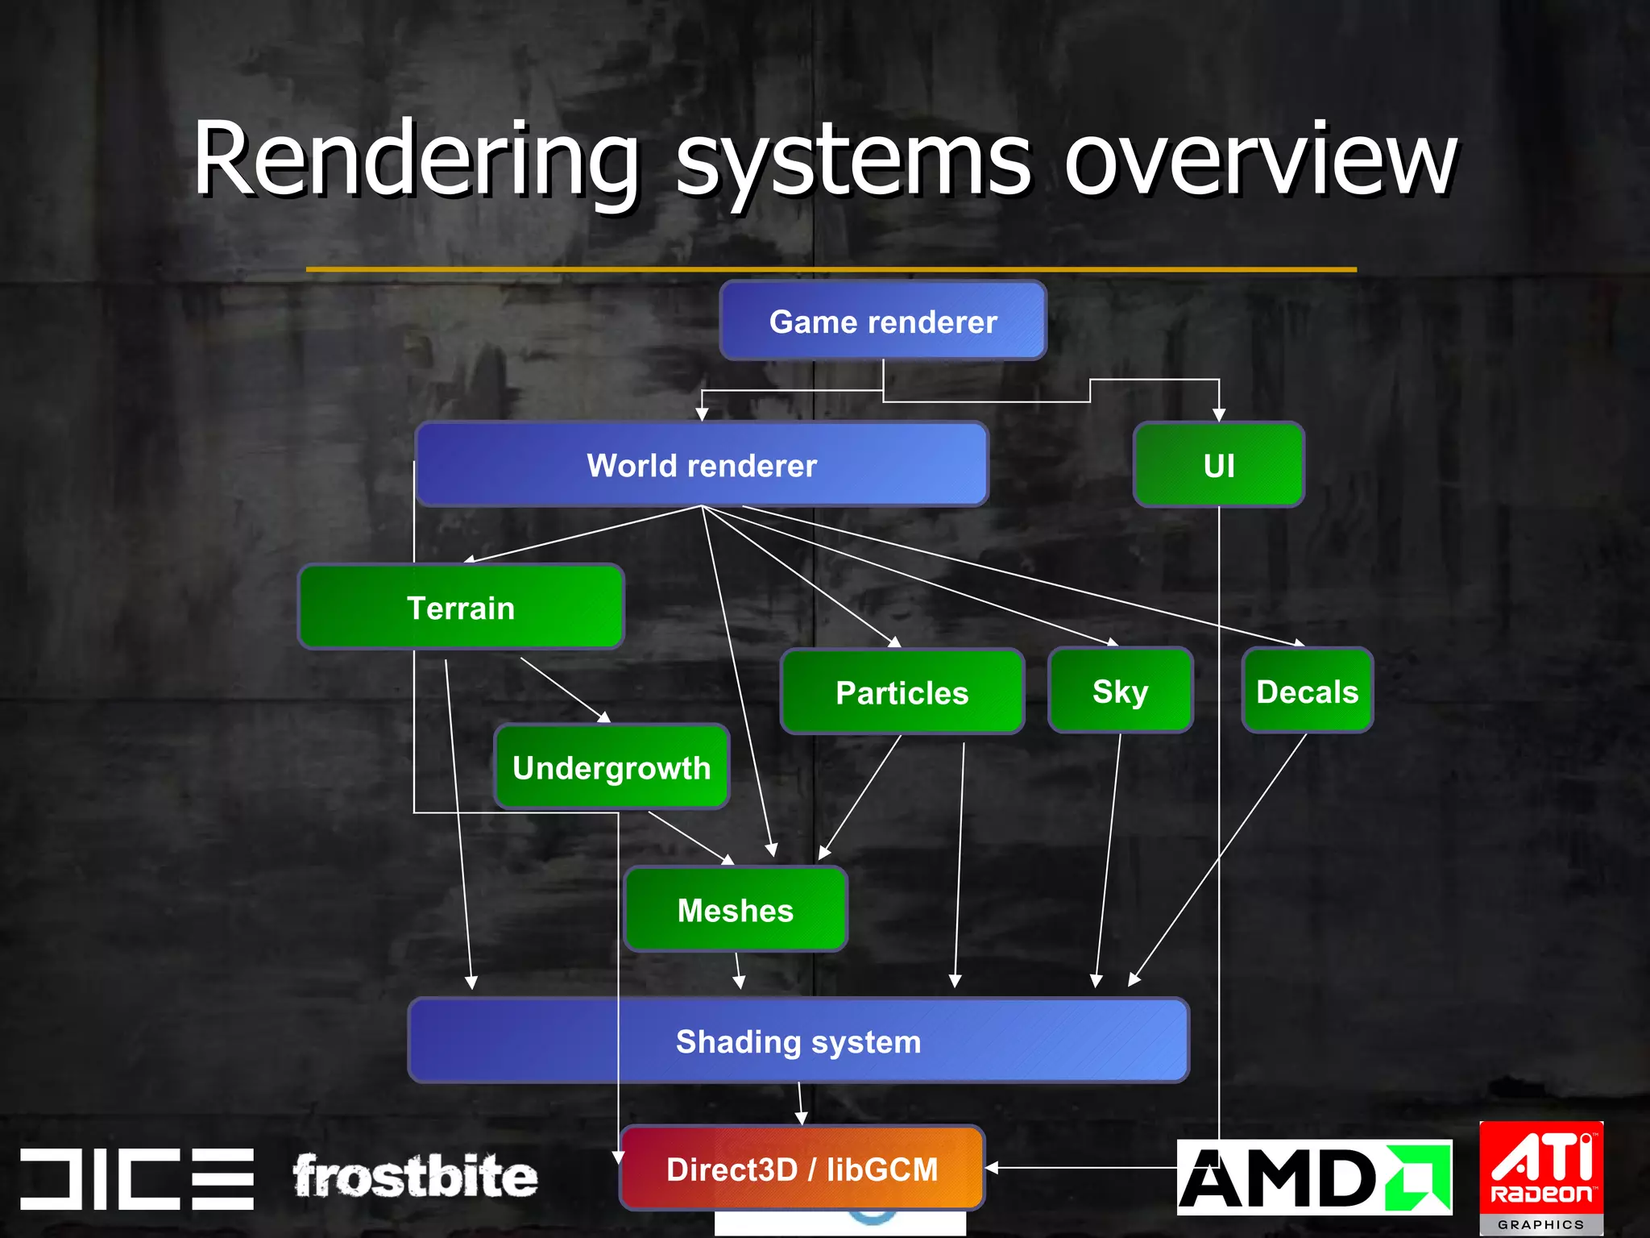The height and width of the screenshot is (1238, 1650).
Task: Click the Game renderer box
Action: (x=883, y=321)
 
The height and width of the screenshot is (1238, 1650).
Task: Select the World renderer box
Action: (x=701, y=465)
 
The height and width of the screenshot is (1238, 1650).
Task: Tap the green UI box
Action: (x=1218, y=465)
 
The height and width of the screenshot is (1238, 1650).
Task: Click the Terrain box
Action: (x=461, y=608)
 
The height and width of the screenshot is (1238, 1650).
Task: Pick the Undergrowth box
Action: (x=611, y=767)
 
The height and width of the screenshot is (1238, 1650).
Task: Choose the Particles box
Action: (x=902, y=692)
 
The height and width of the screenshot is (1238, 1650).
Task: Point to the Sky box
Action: (x=1120, y=691)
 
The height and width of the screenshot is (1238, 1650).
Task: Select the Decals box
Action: (x=1307, y=691)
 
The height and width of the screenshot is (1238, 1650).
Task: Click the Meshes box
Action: (x=735, y=910)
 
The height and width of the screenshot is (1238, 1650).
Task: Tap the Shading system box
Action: (x=798, y=1041)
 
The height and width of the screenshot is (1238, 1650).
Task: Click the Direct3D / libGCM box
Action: (x=802, y=1169)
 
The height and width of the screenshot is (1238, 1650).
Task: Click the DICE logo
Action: (x=137, y=1178)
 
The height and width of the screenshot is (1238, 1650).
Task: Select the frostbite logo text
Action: (x=414, y=1177)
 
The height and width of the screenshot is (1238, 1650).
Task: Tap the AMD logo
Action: (x=1313, y=1177)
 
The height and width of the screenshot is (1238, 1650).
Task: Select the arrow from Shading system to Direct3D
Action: (x=800, y=1103)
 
